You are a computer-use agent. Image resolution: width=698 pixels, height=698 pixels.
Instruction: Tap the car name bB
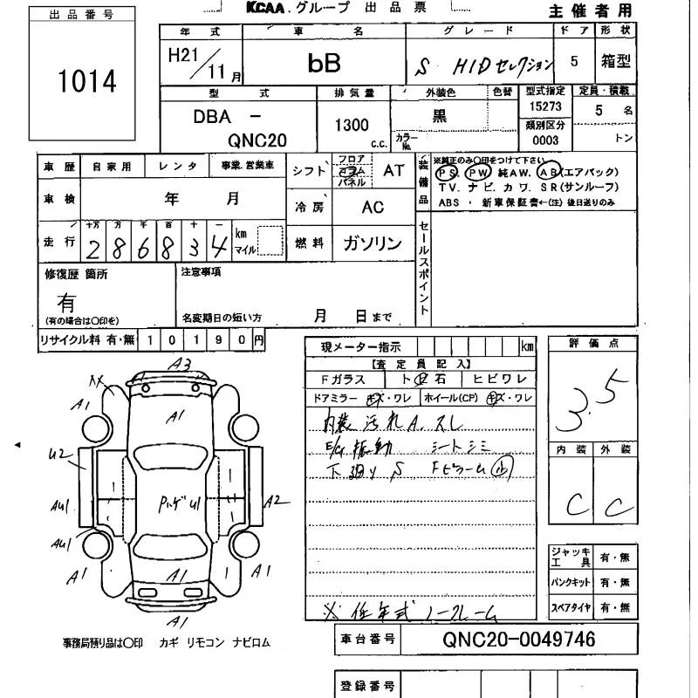tap(324, 63)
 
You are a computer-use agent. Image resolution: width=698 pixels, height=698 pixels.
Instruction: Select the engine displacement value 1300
tap(352, 125)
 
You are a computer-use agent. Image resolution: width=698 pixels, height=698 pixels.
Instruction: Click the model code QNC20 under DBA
tap(258, 140)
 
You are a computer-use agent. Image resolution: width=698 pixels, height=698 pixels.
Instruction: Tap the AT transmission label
tap(394, 171)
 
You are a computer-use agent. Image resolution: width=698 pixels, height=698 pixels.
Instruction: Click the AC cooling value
tap(373, 208)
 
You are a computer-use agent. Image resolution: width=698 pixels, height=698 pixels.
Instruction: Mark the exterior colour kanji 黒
tap(441, 115)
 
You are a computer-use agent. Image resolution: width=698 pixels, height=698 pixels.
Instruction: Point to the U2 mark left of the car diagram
tap(58, 452)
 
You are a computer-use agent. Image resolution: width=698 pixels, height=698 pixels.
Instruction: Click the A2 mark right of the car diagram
tap(274, 500)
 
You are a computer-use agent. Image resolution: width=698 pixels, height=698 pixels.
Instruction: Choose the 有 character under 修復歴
tap(66, 302)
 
